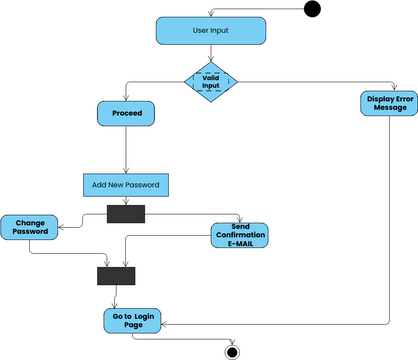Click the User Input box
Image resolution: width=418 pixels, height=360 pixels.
tap(211, 31)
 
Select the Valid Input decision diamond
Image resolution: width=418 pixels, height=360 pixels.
tap(211, 81)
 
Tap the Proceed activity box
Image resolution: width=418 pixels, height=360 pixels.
tap(126, 114)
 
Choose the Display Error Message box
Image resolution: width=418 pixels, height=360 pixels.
tap(389, 103)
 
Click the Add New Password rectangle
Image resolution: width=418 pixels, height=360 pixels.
tap(125, 185)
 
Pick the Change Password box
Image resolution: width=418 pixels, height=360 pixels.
tap(30, 227)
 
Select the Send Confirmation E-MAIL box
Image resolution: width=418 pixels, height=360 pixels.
tap(241, 235)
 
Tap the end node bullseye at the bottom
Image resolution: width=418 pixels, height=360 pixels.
tap(233, 351)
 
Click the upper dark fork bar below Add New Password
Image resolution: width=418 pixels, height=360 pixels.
tap(126, 213)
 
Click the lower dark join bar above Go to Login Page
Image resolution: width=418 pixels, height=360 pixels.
tap(116, 275)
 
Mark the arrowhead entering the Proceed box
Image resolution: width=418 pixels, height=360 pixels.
tap(126, 99)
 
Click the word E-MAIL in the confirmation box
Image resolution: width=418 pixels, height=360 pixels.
tap(241, 244)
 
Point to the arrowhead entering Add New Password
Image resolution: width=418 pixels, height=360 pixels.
tap(125, 171)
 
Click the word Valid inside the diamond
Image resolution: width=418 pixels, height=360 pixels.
tap(211, 77)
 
